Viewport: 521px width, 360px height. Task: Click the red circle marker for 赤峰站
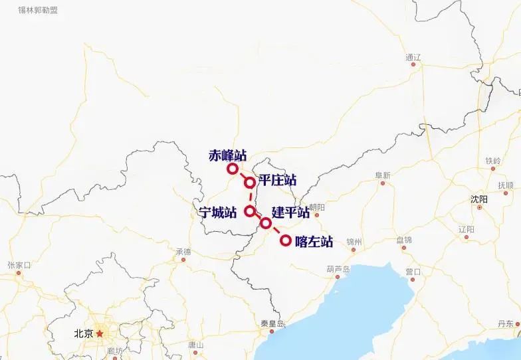(x=232, y=169)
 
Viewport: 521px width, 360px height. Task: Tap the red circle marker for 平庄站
(x=250, y=183)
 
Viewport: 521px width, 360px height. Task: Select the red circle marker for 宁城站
(x=250, y=211)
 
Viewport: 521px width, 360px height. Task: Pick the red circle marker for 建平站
(x=265, y=223)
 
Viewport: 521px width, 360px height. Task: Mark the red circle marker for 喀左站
(x=286, y=240)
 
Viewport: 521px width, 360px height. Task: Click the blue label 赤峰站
(x=227, y=155)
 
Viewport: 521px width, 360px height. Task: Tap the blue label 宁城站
(x=218, y=212)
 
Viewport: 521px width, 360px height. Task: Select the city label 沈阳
(x=478, y=199)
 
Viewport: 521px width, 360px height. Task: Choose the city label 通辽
(x=413, y=57)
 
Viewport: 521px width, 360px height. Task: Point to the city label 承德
(x=183, y=252)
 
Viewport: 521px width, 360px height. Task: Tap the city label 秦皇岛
(x=272, y=323)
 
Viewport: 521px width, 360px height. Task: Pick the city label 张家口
(x=19, y=264)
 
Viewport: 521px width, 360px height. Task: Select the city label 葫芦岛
(x=338, y=269)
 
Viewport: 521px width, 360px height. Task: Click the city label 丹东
(x=506, y=323)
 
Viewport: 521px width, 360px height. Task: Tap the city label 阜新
(x=383, y=175)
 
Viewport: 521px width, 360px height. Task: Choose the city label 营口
(x=413, y=271)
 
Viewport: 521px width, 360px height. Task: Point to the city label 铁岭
(x=492, y=161)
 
